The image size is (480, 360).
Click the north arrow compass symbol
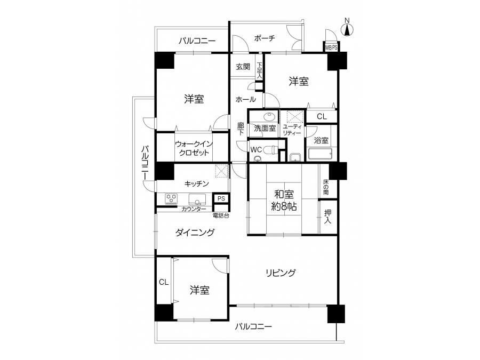click(347, 28)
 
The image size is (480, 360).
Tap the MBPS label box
click(331, 48)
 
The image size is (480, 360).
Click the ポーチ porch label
click(264, 38)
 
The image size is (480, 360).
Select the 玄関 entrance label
click(243, 67)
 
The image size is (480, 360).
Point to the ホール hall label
click(245, 99)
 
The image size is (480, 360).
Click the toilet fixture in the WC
click(270, 150)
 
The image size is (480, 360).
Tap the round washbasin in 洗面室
click(270, 117)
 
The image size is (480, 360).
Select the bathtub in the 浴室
click(320, 154)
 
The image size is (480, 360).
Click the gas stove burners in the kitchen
click(171, 198)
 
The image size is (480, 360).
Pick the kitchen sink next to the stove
click(197, 199)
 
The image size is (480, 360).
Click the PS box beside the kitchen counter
click(221, 198)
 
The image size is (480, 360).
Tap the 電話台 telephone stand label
click(221, 215)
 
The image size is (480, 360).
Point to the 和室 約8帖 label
click(284, 201)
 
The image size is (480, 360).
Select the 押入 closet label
click(327, 217)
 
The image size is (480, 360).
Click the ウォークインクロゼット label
click(194, 148)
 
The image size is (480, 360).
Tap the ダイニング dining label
click(195, 233)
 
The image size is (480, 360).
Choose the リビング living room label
click(281, 273)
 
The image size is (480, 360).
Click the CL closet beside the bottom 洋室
click(164, 282)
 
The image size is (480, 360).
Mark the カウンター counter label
click(194, 210)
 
